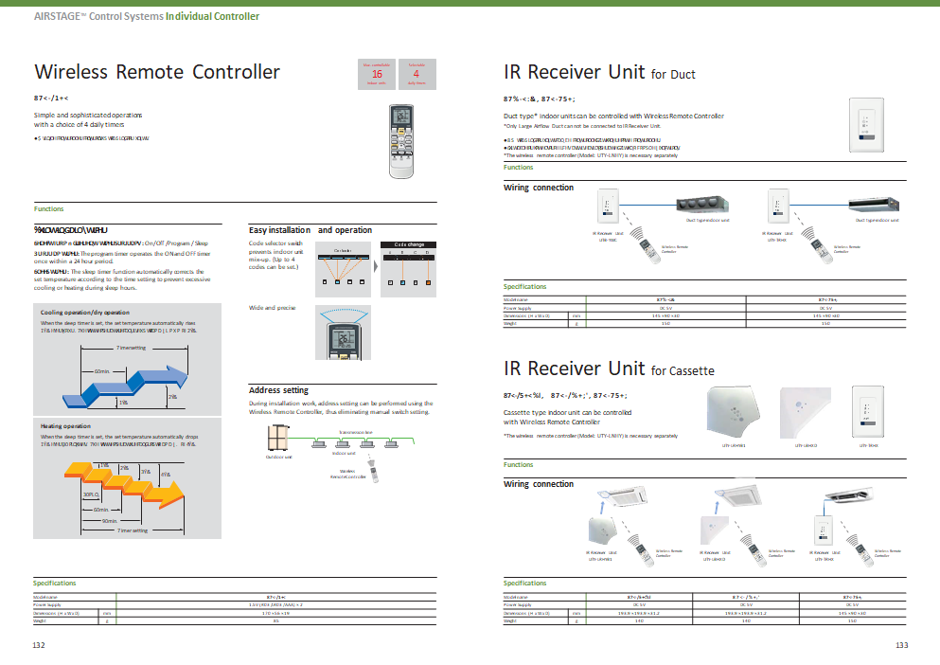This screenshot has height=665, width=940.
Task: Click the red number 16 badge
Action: click(x=377, y=73)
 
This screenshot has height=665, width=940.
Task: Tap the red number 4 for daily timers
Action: click(x=416, y=73)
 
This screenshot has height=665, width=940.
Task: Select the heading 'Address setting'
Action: click(x=278, y=390)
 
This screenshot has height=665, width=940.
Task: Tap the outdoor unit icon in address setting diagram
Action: click(x=278, y=438)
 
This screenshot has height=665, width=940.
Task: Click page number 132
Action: click(x=39, y=644)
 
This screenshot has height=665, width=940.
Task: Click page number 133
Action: click(x=901, y=644)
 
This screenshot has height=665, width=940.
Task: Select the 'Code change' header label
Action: click(x=409, y=244)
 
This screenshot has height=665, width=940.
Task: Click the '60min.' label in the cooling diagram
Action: click(x=102, y=372)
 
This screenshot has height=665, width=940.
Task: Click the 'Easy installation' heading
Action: click(x=280, y=230)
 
